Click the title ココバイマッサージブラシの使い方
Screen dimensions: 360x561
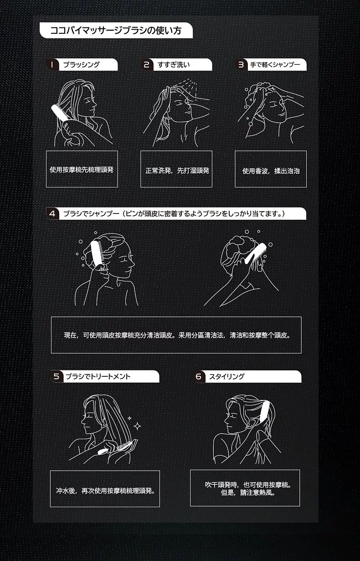click(116, 30)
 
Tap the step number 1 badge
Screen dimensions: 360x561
click(52, 65)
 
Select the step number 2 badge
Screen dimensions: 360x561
click(147, 65)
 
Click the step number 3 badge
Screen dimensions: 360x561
click(241, 65)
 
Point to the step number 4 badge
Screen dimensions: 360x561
click(52, 213)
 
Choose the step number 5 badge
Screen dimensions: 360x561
click(57, 376)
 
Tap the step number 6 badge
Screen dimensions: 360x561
click(199, 376)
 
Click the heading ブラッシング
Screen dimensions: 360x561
click(81, 65)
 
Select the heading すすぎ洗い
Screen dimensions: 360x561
click(174, 65)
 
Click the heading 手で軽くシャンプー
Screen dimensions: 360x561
click(275, 65)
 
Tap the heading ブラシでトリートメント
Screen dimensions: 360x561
click(98, 376)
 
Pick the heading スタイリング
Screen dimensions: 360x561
click(226, 376)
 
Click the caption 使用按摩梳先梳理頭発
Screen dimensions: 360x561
click(82, 170)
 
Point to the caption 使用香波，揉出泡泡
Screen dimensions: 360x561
click(271, 171)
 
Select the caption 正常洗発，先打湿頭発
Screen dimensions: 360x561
click(177, 171)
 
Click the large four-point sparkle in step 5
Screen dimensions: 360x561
click(137, 426)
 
